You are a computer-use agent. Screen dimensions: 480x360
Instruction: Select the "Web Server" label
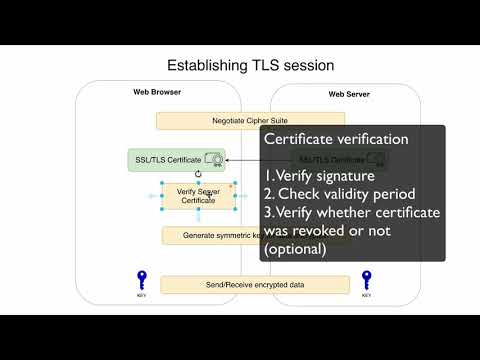pyautogui.click(x=350, y=95)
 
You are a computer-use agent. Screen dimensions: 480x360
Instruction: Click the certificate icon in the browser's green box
pyautogui.click(x=212, y=159)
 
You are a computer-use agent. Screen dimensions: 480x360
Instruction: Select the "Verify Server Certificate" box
pyautogui.click(x=198, y=195)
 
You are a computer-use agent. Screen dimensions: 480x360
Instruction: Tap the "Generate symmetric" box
pyautogui.click(x=210, y=235)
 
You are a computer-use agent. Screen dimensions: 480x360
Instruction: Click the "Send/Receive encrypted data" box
pyautogui.click(x=255, y=285)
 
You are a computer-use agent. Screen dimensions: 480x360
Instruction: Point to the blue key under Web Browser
pyautogui.click(x=142, y=279)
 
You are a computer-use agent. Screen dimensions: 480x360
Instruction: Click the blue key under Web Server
pyautogui.click(x=367, y=279)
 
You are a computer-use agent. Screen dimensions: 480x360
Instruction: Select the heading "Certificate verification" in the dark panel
pyautogui.click(x=336, y=139)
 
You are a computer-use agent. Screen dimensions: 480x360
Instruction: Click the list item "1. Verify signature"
pyautogui.click(x=317, y=175)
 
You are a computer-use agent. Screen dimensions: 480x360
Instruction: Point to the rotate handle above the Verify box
pyautogui.click(x=198, y=173)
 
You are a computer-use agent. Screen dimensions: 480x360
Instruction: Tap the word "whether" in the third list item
pyautogui.click(x=356, y=211)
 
